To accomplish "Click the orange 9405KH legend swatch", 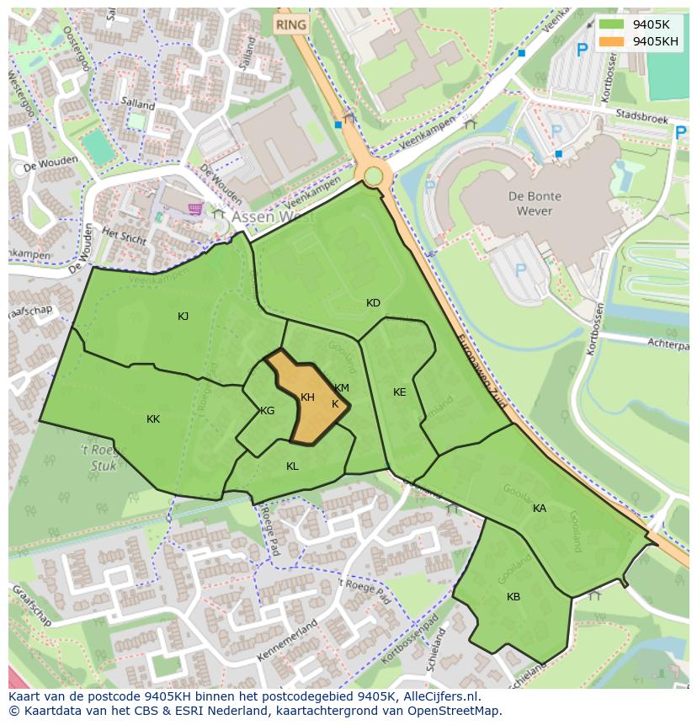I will pyautogui.click(x=611, y=40).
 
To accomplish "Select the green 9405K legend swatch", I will pyautogui.click(x=611, y=24).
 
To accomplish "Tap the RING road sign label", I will pyautogui.click(x=290, y=24).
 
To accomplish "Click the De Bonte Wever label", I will pyautogui.click(x=535, y=203).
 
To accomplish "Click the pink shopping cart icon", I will pyautogui.click(x=196, y=208).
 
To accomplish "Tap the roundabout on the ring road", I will pyautogui.click(x=372, y=176).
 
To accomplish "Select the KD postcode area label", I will pyautogui.click(x=373, y=303).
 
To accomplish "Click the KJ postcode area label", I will pyautogui.click(x=183, y=317).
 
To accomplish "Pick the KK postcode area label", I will pyautogui.click(x=153, y=419).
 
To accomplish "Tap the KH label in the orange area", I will pyautogui.click(x=307, y=397).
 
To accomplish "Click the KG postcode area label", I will pyautogui.click(x=267, y=411).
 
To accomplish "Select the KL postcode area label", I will pyautogui.click(x=292, y=466).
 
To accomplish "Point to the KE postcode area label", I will pyautogui.click(x=399, y=392).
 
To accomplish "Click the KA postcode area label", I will pyautogui.click(x=539, y=509).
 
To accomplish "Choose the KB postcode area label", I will pyautogui.click(x=513, y=597).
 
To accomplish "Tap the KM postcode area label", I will pyautogui.click(x=341, y=388).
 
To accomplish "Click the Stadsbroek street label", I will pyautogui.click(x=641, y=117).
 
